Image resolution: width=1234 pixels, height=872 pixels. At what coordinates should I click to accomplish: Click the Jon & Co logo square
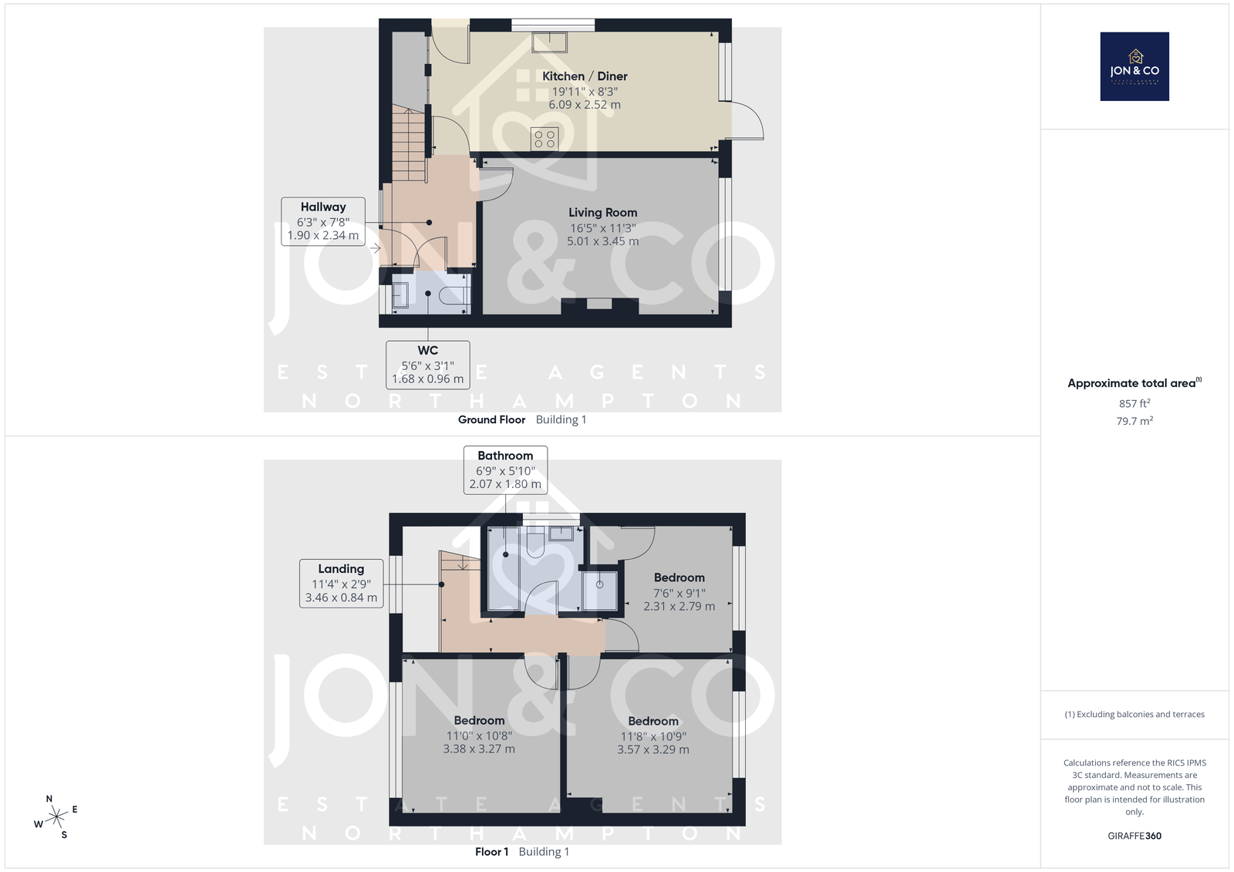click(1135, 66)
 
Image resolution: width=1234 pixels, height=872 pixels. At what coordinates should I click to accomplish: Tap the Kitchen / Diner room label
click(585, 76)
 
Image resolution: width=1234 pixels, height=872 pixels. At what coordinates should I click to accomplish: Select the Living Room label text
click(602, 212)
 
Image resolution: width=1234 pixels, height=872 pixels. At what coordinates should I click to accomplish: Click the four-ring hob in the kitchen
click(545, 139)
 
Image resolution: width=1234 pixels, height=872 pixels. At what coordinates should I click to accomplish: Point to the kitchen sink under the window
click(549, 42)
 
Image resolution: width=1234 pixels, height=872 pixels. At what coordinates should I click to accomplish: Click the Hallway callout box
click(323, 221)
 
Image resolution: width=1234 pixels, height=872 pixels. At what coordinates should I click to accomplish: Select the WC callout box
click(427, 365)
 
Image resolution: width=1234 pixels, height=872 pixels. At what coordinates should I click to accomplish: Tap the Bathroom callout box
click(505, 470)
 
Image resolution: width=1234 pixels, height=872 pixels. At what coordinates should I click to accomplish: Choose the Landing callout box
click(341, 584)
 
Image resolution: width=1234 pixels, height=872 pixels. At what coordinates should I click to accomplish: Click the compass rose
click(56, 816)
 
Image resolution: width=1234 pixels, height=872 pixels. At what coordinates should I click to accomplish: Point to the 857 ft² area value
click(1135, 403)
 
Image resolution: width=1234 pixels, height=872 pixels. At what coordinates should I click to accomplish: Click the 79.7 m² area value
click(1135, 421)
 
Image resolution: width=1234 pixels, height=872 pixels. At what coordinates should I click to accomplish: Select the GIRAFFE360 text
click(1135, 836)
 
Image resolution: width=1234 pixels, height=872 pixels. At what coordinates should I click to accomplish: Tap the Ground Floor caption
click(491, 419)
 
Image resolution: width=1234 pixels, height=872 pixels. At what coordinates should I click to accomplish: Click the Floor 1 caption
click(491, 852)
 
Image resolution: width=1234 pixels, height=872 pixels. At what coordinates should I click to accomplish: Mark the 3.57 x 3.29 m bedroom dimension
click(652, 749)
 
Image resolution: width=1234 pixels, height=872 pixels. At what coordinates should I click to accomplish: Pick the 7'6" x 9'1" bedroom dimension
click(679, 593)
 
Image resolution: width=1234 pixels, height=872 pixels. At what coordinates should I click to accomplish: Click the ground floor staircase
click(409, 144)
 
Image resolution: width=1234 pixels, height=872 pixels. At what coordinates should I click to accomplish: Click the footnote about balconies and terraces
click(1135, 715)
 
